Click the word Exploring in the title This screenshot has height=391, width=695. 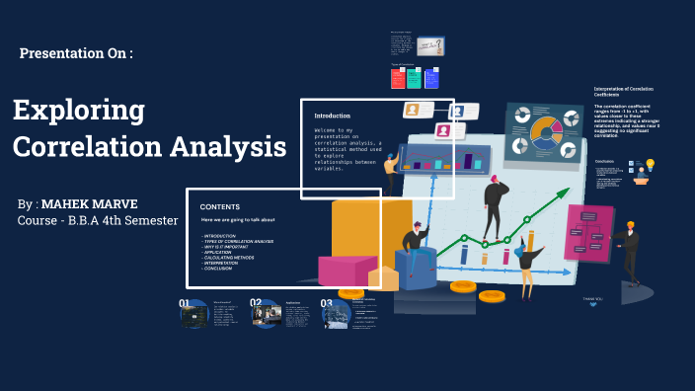[79, 110]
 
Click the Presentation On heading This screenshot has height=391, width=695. [76, 53]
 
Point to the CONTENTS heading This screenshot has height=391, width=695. [220, 206]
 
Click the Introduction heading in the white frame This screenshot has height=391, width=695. [333, 116]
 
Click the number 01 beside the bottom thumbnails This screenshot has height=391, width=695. [185, 304]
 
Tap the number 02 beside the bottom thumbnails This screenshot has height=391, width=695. [256, 304]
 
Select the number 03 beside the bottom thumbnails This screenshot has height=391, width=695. [327, 304]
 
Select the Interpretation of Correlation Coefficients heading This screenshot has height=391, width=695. [626, 92]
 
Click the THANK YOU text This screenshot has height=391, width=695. [592, 298]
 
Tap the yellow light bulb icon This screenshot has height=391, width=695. [650, 165]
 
